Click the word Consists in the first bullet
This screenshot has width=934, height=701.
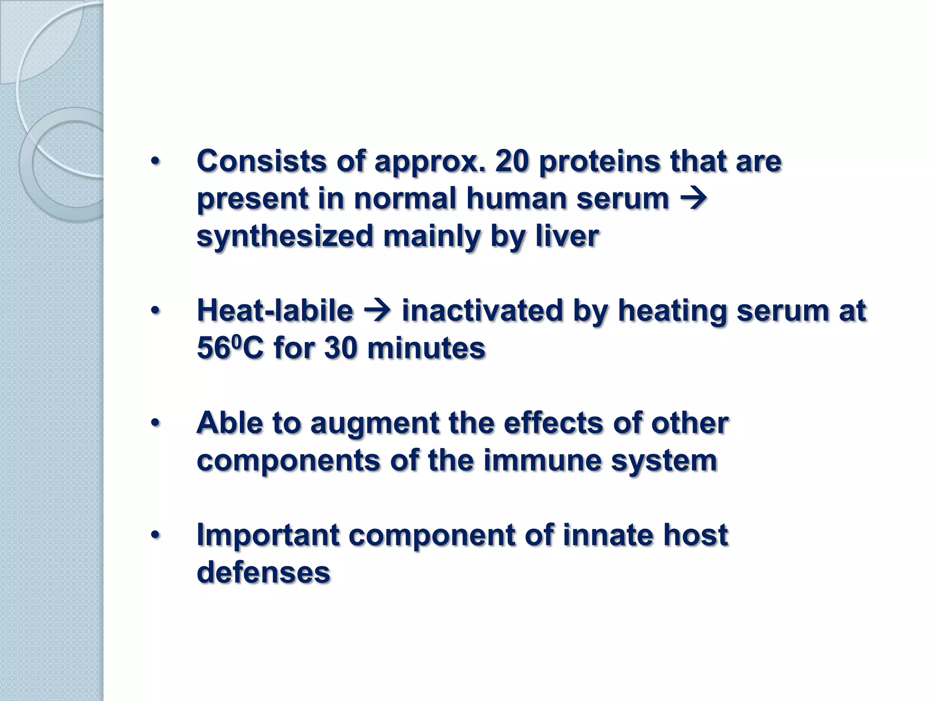coord(261,162)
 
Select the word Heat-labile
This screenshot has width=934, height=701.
coord(275,311)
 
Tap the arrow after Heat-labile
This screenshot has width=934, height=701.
coord(377,311)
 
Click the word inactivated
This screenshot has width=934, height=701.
coord(482,311)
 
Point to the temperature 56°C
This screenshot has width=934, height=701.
coord(230,348)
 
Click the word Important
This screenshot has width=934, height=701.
coord(268,535)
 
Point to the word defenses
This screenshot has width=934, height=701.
coord(263,572)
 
